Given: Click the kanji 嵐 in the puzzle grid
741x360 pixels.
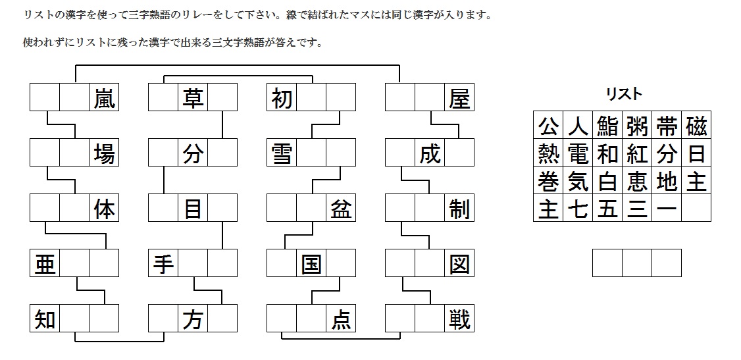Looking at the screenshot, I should click(104, 98).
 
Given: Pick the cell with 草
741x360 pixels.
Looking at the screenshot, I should click(193, 98).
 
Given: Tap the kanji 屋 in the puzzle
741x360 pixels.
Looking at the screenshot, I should click(459, 98).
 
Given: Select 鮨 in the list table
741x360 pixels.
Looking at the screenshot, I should click(607, 125).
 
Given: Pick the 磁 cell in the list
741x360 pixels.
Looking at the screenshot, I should click(696, 125).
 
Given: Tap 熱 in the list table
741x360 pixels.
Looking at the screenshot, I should click(548, 153).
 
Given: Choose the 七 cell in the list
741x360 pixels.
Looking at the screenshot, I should click(578, 209).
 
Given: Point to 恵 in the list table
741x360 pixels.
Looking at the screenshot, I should click(637, 181).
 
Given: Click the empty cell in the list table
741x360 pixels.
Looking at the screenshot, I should click(696, 209).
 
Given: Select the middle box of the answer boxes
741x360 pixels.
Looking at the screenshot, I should click(637, 263).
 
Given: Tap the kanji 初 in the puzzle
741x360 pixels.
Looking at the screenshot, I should click(281, 98).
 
